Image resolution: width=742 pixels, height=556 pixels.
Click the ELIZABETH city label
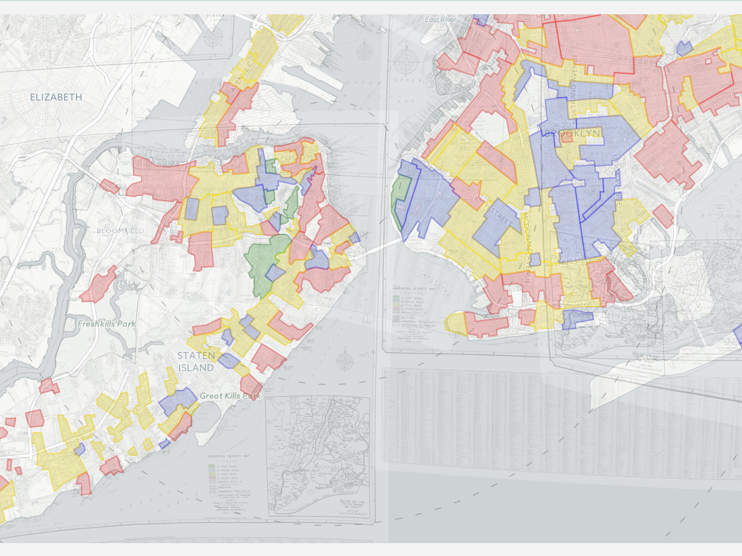pyautogui.click(x=56, y=97)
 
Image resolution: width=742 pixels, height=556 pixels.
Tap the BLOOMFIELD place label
pyautogui.click(x=120, y=231)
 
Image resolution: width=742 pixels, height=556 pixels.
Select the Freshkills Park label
pyautogui.click(x=106, y=323)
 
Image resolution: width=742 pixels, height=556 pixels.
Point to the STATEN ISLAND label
pyautogui.click(x=196, y=361)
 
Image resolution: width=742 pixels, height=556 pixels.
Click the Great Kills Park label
pyautogui.click(x=230, y=396)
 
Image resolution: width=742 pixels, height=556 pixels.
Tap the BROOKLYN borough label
pyautogui.click(x=572, y=134)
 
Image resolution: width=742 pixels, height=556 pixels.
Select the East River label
pyautogui.click(x=438, y=20)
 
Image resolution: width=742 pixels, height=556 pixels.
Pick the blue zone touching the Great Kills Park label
pyautogui.click(x=178, y=401)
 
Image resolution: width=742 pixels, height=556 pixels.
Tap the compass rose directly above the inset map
pyautogui.click(x=345, y=360)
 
